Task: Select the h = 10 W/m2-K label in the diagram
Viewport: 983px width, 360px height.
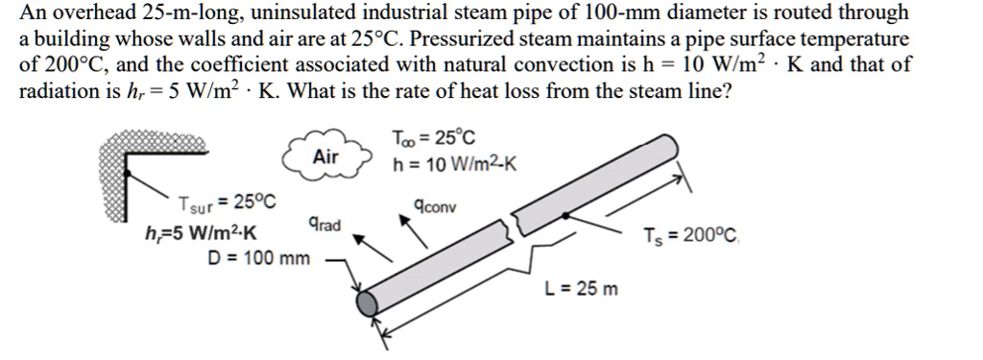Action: (x=455, y=164)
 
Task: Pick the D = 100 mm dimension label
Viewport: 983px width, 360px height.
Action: (x=259, y=258)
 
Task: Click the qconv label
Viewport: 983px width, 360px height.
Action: (x=435, y=205)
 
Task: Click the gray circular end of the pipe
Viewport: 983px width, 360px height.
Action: (x=369, y=304)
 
